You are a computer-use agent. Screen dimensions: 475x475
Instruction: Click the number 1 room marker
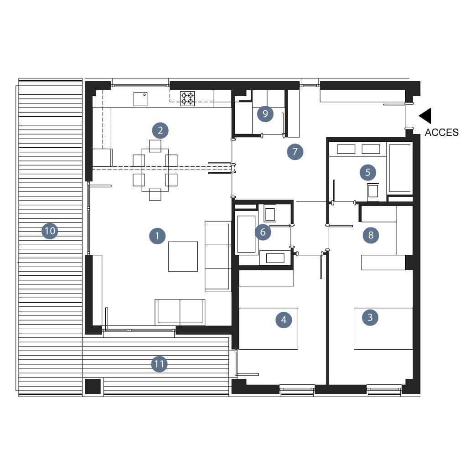(157, 236)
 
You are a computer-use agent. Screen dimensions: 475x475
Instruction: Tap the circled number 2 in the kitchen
(160, 130)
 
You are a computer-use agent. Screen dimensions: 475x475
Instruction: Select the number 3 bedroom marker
(370, 317)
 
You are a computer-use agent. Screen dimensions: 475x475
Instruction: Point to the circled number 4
(284, 320)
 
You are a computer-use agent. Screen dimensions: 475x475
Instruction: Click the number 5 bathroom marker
(368, 172)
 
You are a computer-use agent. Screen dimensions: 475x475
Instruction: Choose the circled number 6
(263, 232)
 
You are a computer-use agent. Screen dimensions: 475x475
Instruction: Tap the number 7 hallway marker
(295, 151)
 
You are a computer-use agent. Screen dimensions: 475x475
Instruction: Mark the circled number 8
(371, 235)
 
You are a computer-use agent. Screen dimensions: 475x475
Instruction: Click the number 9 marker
(265, 114)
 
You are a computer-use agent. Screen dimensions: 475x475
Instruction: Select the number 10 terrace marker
(50, 231)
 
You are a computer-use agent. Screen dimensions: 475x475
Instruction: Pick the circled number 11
(159, 364)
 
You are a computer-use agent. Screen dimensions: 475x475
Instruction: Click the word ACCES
(441, 132)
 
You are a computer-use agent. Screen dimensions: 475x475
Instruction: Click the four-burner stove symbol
(187, 98)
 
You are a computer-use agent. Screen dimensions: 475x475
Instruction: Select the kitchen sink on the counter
(140, 99)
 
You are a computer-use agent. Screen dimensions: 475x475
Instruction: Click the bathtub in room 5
(400, 168)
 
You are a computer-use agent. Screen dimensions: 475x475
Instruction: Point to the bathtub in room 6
(246, 234)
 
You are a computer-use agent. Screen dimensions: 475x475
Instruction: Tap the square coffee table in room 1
(183, 256)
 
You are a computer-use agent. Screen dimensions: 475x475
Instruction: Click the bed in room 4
(268, 328)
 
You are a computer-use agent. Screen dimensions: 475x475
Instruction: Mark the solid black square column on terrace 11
(93, 386)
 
